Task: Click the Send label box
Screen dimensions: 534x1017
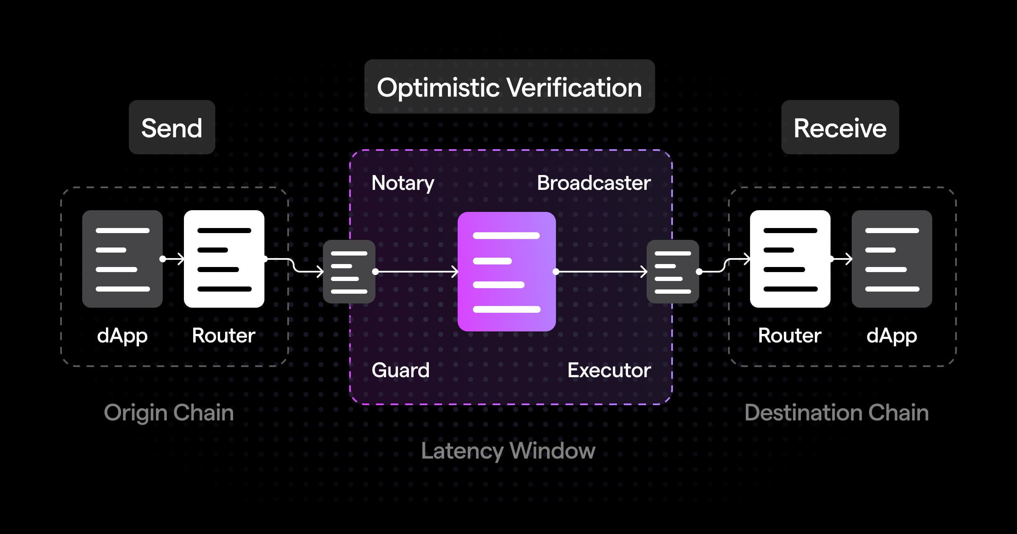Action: point(172,128)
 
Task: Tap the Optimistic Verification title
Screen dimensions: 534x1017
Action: point(509,87)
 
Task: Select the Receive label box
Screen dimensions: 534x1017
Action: point(840,128)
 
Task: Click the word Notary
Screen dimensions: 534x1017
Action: point(403,183)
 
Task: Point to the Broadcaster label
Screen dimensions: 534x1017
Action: point(594,183)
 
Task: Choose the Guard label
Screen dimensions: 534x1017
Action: point(400,370)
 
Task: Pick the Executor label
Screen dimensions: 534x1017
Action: point(609,370)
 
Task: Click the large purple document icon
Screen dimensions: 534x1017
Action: point(507,272)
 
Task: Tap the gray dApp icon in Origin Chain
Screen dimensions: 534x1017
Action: point(122,259)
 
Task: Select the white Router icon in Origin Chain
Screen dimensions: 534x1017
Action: point(224,259)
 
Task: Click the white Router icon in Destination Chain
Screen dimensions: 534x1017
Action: point(790,259)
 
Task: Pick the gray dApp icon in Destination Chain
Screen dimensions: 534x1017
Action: point(892,259)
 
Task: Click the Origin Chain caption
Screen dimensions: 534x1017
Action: point(169,413)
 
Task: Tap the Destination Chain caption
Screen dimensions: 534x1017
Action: point(836,413)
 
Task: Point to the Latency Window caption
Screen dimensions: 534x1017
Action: point(508,451)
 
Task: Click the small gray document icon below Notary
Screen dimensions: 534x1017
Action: point(349,272)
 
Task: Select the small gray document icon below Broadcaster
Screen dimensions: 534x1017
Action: point(673,272)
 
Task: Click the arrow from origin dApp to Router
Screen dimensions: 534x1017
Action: point(173,259)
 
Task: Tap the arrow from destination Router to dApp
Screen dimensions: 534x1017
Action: point(842,259)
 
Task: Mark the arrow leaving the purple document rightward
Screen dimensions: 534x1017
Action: point(602,271)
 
